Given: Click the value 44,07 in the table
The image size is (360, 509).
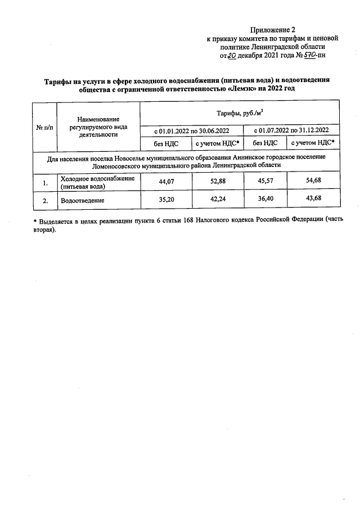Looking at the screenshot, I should pos(166,182).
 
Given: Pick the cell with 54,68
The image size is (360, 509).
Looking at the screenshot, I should pos(313,182).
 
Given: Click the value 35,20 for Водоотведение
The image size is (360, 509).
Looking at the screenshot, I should pos(166,200).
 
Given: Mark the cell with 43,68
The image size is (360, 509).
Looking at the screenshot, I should pos(313,200).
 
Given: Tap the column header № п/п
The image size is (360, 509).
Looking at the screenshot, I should pos(44,127).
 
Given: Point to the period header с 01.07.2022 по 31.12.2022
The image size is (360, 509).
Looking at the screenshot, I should pos(290,130).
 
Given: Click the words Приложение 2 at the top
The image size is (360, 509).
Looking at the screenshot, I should pos(273,29).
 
